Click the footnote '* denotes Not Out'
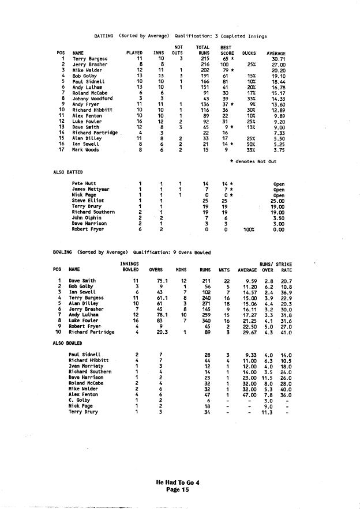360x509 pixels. (253, 161)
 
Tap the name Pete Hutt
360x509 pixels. (83, 183)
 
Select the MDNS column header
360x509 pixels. (182, 269)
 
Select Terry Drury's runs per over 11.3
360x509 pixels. (266, 412)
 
